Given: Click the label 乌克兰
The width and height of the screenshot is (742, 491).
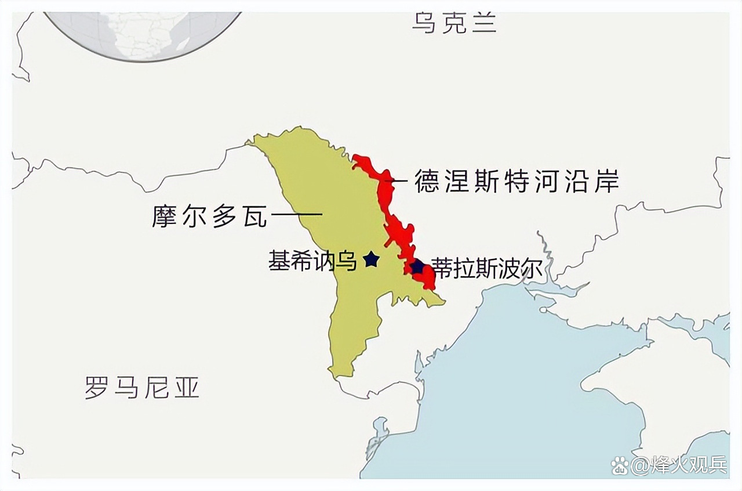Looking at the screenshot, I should click(x=454, y=23).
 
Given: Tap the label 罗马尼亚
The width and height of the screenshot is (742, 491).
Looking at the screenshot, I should click(x=142, y=387).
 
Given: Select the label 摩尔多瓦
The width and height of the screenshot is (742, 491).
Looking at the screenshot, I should click(x=209, y=216).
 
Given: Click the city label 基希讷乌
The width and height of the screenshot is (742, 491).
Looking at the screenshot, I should click(x=312, y=261).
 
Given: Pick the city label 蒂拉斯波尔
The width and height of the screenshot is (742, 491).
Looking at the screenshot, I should click(x=486, y=269).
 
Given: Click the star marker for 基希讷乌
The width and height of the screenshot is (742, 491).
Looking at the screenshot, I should click(x=371, y=259).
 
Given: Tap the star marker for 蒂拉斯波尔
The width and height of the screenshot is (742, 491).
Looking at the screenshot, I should click(x=417, y=266).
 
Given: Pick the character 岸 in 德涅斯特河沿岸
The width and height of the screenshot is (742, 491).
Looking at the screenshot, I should click(x=606, y=182).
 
